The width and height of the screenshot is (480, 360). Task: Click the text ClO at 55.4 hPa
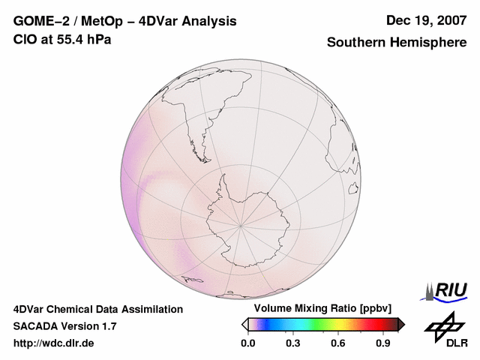point(62,39)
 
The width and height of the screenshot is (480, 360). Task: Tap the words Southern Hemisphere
point(397,43)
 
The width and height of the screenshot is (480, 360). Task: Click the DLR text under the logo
point(456,343)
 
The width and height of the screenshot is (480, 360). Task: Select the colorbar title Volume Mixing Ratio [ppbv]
point(324,309)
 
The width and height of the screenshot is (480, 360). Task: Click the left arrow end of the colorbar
point(244,324)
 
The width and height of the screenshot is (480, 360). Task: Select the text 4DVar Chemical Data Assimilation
point(98,309)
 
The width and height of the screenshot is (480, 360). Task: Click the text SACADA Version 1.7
point(64,326)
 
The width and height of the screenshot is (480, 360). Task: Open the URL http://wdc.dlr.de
point(54,343)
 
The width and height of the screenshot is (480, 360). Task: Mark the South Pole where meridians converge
point(240,223)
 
